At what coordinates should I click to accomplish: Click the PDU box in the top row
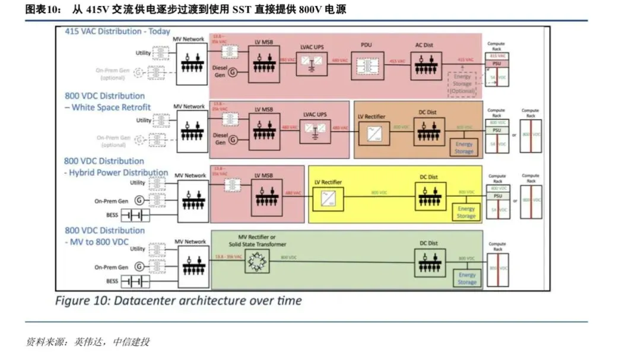point(367,62)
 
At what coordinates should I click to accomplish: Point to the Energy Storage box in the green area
point(468,278)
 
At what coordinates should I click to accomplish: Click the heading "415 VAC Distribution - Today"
point(118,31)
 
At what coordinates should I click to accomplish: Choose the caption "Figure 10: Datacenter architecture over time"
point(178,301)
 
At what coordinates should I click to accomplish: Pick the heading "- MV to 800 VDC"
point(96,242)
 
